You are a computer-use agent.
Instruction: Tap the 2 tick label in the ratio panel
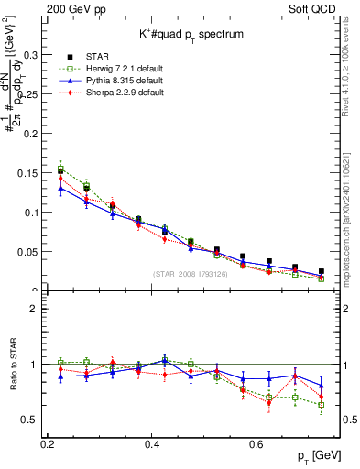click(x=32, y=310)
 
